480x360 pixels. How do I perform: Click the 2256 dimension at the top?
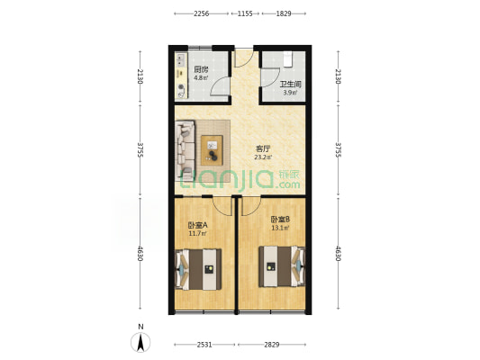201,13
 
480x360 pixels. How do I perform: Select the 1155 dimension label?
245,13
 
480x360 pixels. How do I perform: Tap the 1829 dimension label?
284,13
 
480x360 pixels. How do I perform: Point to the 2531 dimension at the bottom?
204,345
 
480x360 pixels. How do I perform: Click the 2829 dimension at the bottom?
272,345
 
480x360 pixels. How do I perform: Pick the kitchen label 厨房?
201,69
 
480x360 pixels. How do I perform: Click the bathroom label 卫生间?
291,84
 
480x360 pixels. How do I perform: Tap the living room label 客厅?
263,149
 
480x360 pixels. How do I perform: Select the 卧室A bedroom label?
198,225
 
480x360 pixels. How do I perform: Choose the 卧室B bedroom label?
280,220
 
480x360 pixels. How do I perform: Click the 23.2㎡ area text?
263,157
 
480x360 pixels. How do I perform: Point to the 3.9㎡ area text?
290,93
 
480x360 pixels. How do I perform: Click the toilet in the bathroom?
288,59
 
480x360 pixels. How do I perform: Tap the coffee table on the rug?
212,150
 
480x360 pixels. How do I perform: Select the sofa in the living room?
185,150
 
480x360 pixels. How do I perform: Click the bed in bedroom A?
198,269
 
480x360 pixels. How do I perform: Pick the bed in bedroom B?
282,266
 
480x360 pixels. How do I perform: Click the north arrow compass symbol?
140,342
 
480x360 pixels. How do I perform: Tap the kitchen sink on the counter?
181,60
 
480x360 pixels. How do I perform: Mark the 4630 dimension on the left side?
140,253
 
